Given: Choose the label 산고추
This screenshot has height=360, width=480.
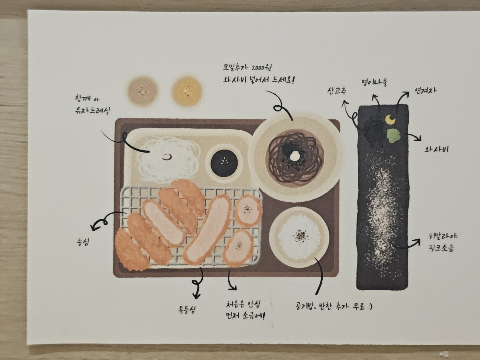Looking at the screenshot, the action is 337,90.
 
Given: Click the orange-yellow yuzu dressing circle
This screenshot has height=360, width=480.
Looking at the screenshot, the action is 187,91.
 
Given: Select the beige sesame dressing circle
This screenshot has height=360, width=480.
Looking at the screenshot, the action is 142,91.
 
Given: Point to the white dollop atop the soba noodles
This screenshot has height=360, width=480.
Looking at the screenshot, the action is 296,155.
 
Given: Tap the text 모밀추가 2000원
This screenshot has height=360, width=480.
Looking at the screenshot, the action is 247,68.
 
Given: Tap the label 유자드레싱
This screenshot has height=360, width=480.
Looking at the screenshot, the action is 92,111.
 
